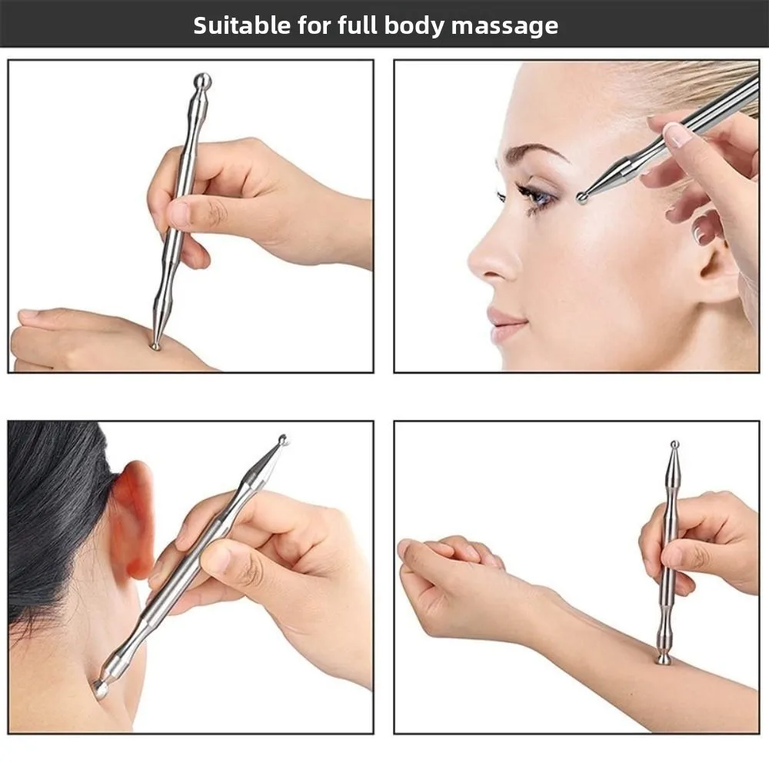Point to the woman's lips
coord(504,324)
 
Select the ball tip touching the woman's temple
coord(583,198)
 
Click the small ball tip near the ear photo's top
coord(283,440)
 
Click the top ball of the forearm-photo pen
coord(674,444)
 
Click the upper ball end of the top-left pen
coord(202,80)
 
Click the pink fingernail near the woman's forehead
coord(677,135)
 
